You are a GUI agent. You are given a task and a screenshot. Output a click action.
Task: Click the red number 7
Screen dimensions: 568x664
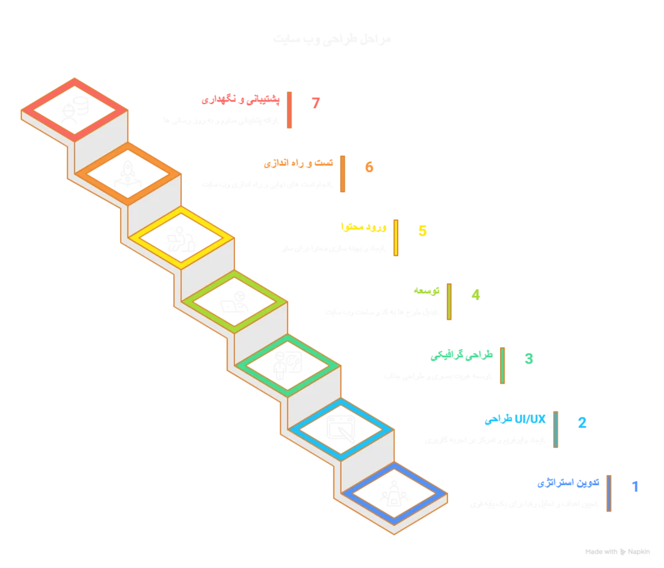pos(317,103)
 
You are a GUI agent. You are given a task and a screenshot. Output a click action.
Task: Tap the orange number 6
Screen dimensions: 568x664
pos(369,167)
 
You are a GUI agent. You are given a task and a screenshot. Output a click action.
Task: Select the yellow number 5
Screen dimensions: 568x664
pos(422,231)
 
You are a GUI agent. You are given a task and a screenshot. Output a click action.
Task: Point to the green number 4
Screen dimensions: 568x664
pos(475,295)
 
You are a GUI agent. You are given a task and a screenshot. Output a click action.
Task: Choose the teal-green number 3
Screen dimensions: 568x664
pos(529,359)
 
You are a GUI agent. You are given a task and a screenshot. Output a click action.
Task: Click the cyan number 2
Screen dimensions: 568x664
pos(582,422)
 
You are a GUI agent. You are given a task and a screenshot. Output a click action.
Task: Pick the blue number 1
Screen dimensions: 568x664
pos(635,486)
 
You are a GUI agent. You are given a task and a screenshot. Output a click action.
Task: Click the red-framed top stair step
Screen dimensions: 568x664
pos(74,109)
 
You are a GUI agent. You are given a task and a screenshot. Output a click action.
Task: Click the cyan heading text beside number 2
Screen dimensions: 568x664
pos(515,419)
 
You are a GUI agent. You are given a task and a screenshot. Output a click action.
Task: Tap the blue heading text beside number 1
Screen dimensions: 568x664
pos(568,483)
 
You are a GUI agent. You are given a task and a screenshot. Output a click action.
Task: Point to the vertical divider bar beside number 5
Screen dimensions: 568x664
pos(396,238)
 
